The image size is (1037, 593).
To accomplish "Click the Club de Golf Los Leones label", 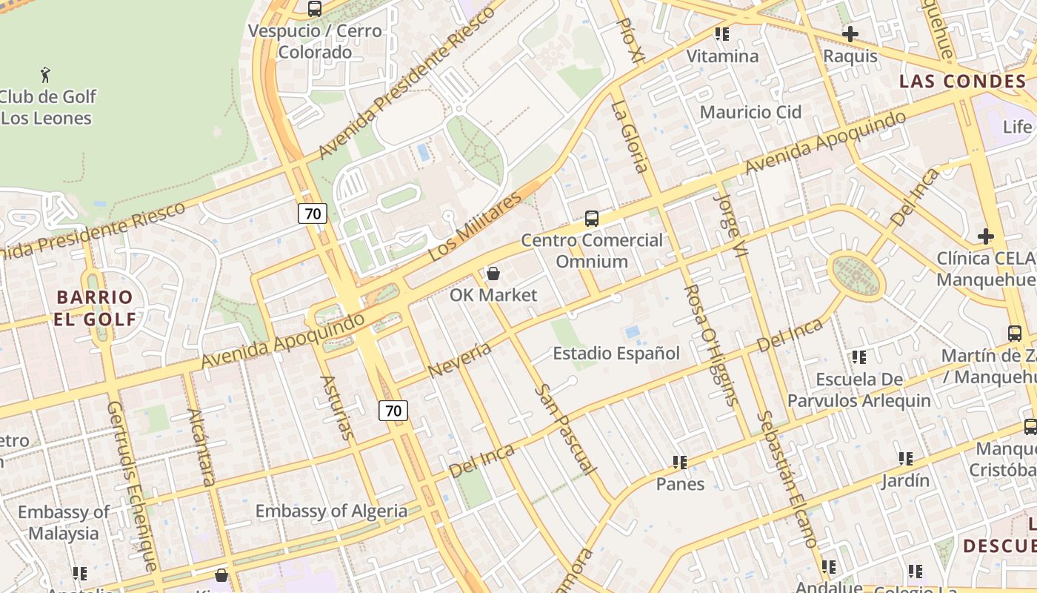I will [x=47, y=107].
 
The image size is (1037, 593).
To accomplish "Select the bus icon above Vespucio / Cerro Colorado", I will [x=315, y=9].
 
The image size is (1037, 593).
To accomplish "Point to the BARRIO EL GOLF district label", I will [x=95, y=308].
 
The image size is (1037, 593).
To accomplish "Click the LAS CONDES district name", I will [x=962, y=82].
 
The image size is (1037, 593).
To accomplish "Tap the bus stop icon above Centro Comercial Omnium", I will [x=591, y=218].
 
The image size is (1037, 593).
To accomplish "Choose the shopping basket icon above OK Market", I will [x=493, y=274].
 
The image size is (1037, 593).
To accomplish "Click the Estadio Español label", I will [x=616, y=354].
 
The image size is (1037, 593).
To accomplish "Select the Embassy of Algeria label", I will [x=331, y=511].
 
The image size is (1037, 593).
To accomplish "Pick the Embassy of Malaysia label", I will [x=63, y=523].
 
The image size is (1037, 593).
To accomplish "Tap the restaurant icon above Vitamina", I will [x=722, y=34].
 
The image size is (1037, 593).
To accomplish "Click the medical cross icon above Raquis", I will [x=850, y=33].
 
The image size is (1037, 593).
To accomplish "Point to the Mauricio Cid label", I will [x=750, y=112].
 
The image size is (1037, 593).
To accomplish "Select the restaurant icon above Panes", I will [x=680, y=463].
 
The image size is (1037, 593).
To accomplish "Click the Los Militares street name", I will [x=476, y=226].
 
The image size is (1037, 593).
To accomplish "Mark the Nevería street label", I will [x=460, y=359].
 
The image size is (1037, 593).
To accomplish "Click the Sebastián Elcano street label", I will [x=787, y=479].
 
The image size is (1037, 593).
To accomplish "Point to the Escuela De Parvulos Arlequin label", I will [x=859, y=390].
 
